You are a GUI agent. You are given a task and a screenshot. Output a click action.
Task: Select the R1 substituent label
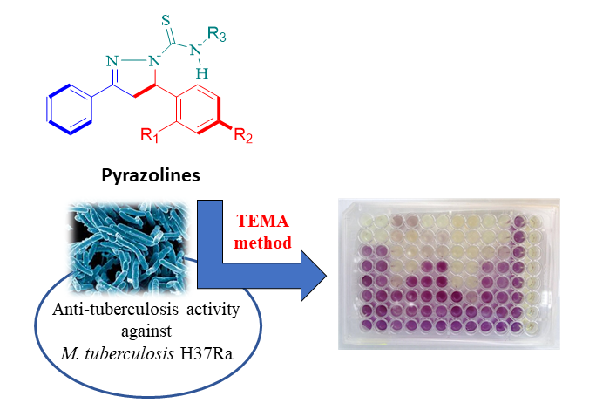[x=149, y=136]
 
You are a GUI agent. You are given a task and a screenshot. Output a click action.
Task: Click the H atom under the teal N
[x=202, y=74]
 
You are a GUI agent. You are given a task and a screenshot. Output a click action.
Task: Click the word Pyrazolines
[x=148, y=176]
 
